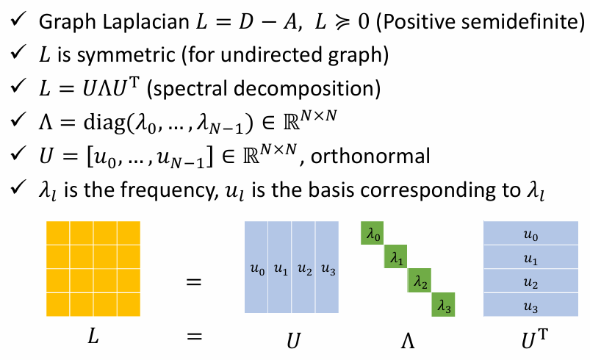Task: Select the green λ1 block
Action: (x=397, y=259)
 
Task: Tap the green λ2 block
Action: (x=420, y=281)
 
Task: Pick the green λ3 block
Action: (x=443, y=305)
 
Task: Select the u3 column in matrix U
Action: (x=327, y=269)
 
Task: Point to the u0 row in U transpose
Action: (x=530, y=234)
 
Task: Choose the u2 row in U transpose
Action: (x=530, y=281)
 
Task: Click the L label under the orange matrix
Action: (x=93, y=336)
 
